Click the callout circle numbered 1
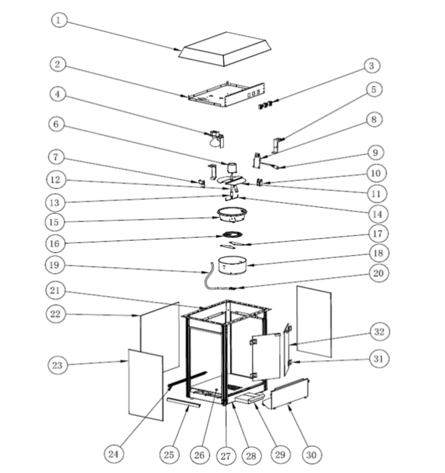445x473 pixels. click(61, 21)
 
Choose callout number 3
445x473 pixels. click(372, 65)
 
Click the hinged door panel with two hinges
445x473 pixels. click(267, 357)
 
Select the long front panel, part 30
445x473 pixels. click(289, 393)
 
